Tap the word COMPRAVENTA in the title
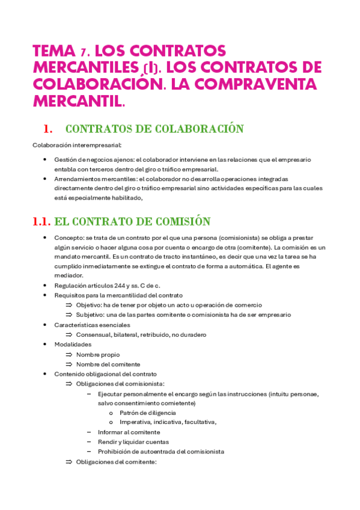(241, 84)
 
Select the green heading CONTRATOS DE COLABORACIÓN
(154, 129)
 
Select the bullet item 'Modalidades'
(73, 344)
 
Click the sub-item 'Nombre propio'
(98, 354)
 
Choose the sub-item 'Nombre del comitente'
(108, 364)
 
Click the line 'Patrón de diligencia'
(148, 413)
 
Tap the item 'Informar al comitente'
(129, 432)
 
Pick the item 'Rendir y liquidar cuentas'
(133, 442)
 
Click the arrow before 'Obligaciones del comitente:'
(69, 462)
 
